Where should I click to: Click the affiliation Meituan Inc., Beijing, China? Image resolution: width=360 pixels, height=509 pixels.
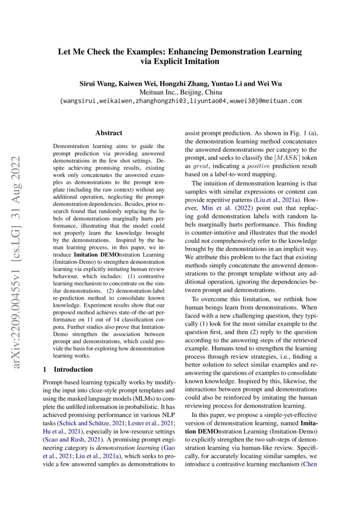coord(180,92)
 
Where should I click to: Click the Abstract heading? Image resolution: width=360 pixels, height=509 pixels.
coord(109,133)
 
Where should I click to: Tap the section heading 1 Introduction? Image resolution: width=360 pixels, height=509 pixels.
coord(68,369)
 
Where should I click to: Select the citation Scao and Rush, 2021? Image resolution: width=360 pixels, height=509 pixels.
coord(68,439)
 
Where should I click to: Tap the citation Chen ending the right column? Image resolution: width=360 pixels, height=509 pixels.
coord(310,464)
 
